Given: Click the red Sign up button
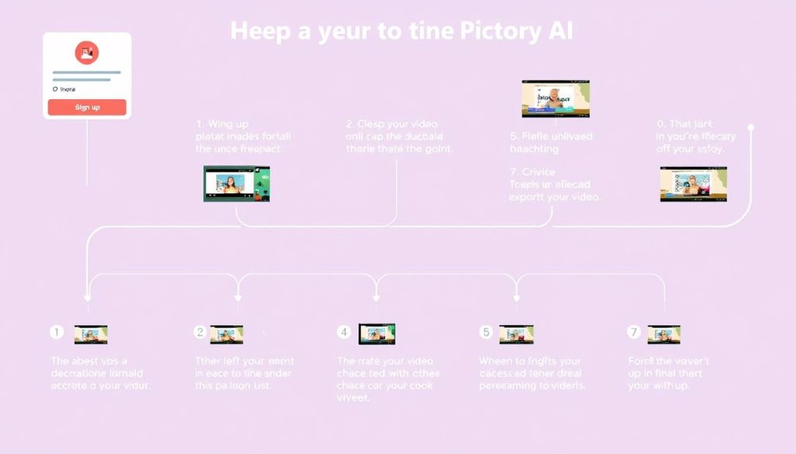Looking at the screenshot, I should (87, 107).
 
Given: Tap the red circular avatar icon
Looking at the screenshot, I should (86, 53).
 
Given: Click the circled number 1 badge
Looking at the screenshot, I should (56, 332).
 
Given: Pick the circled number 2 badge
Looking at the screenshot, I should (200, 332).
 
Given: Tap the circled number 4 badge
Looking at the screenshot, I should (344, 332).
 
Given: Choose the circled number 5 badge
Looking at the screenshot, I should (486, 332).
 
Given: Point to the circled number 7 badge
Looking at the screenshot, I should (634, 332).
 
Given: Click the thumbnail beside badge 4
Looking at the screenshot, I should (377, 334).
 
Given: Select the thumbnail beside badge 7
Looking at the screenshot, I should (664, 334).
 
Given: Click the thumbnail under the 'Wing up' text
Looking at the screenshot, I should (236, 184).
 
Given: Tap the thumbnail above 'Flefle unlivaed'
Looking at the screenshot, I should (555, 99).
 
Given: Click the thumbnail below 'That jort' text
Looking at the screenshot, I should (693, 184).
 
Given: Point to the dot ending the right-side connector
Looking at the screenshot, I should (752, 126).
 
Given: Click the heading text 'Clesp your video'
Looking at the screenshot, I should (392, 124).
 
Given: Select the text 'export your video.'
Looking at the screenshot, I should (555, 197).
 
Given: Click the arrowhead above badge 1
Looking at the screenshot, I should (88, 296).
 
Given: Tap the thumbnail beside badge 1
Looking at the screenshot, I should (90, 334).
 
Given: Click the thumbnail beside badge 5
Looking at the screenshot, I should (516, 334).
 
